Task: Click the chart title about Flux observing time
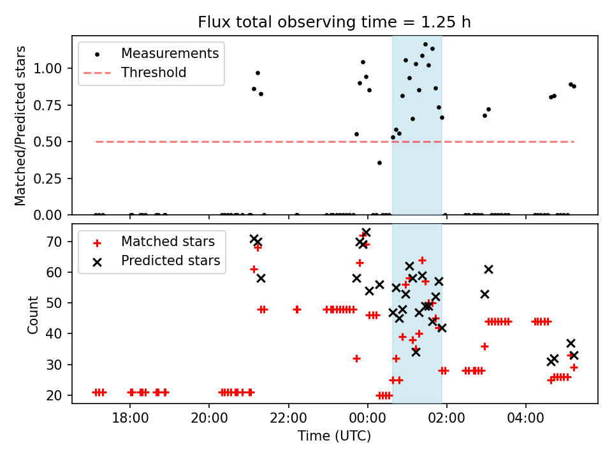[x=334, y=22]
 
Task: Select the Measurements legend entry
[x=170, y=54]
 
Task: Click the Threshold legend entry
[x=154, y=73]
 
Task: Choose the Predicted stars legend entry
[x=170, y=261]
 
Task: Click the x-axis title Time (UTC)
[x=334, y=437]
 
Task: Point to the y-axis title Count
[x=33, y=315]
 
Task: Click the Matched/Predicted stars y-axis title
[x=20, y=126]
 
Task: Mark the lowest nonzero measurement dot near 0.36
[x=379, y=163]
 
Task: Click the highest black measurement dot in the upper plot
[x=425, y=45]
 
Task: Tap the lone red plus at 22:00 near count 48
[x=297, y=309]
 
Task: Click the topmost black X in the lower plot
[x=366, y=233]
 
